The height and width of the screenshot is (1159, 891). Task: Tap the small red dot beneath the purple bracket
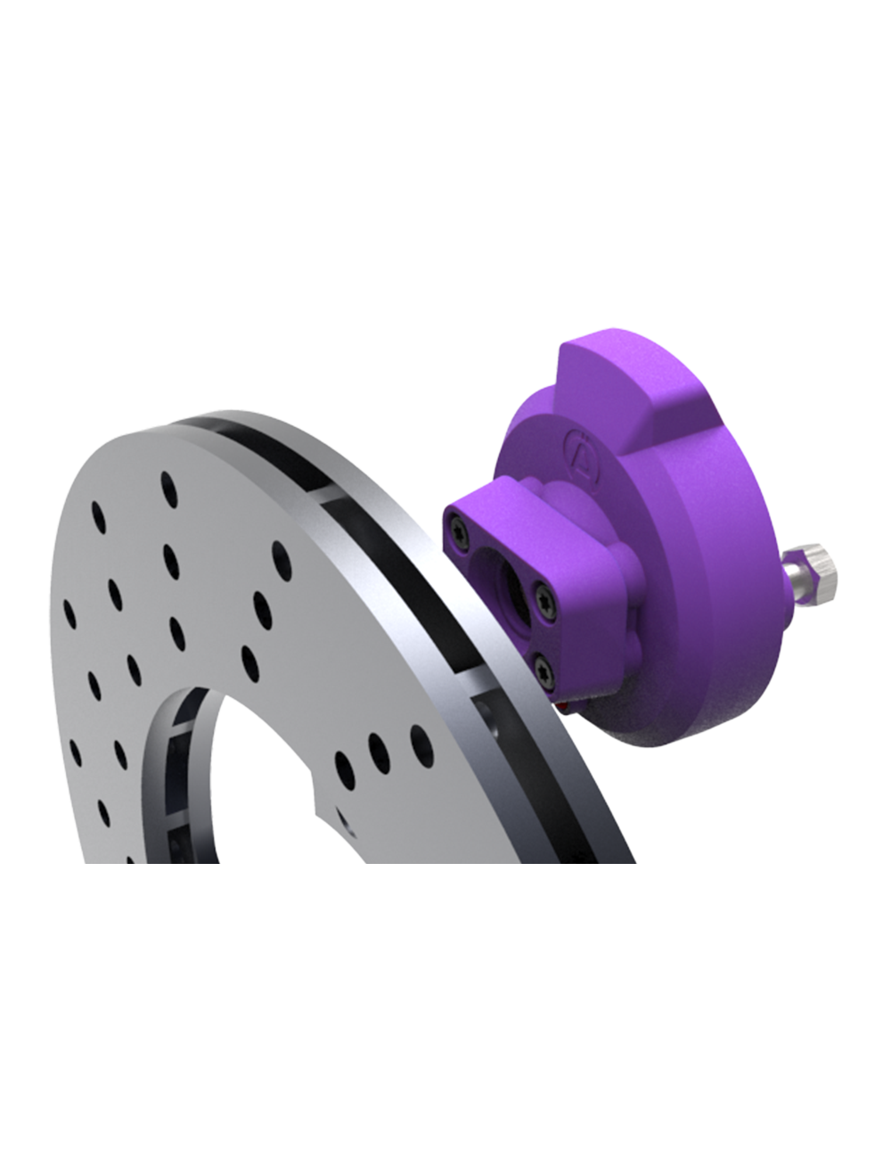click(x=561, y=704)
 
